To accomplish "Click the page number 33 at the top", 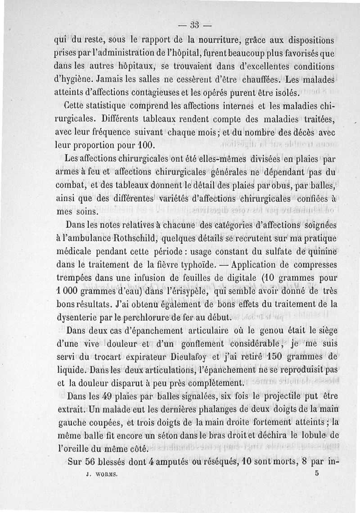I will click(195, 25).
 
